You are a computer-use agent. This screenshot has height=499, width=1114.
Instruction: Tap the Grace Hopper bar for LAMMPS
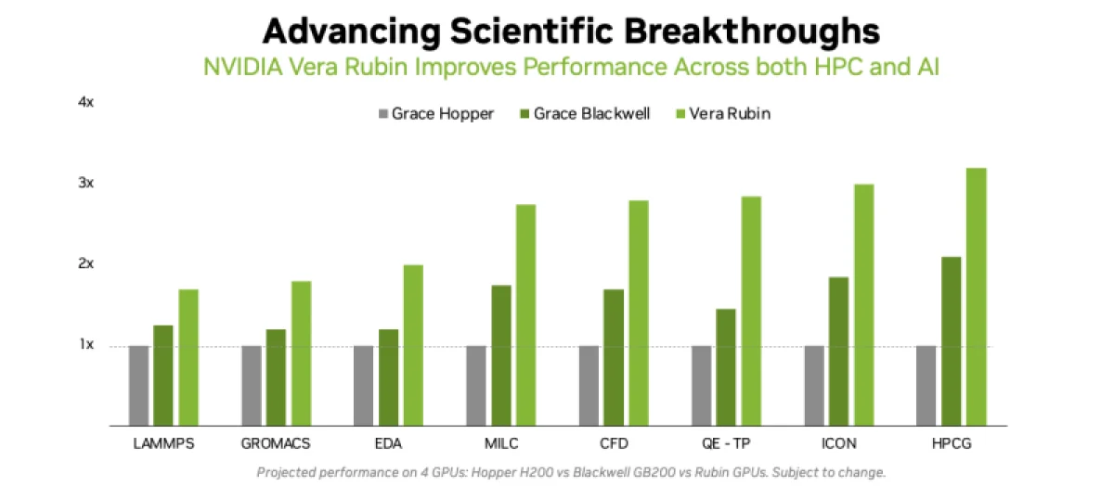pyautogui.click(x=138, y=386)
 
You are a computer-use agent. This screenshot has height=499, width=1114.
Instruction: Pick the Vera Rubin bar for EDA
pyautogui.click(x=413, y=345)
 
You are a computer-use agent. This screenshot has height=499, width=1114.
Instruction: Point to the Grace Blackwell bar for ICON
pyautogui.click(x=838, y=352)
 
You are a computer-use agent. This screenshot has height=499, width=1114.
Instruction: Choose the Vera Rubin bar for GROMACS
pyautogui.click(x=301, y=353)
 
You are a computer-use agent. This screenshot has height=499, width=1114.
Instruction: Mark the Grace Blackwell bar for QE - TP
pyautogui.click(x=726, y=367)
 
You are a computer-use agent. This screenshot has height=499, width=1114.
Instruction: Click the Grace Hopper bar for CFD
pyautogui.click(x=589, y=386)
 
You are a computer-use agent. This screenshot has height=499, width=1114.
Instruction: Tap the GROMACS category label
pyautogui.click(x=276, y=443)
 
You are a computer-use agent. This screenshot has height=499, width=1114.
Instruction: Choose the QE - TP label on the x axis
pyautogui.click(x=726, y=443)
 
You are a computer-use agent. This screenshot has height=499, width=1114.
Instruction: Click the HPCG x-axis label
pyautogui.click(x=951, y=443)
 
